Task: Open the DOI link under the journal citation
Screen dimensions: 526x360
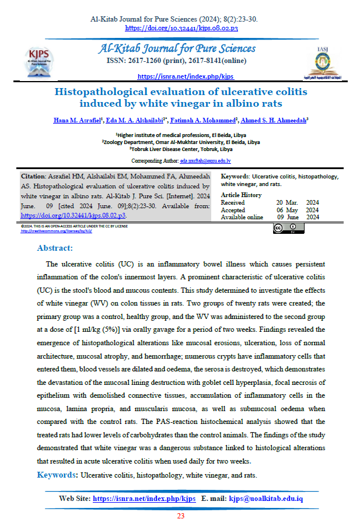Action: pyautogui.click(x=181, y=27)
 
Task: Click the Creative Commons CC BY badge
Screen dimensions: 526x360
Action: pyautogui.click(x=288, y=228)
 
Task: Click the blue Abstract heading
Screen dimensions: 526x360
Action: pyautogui.click(x=54, y=248)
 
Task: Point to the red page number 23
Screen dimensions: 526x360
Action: pyautogui.click(x=180, y=516)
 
